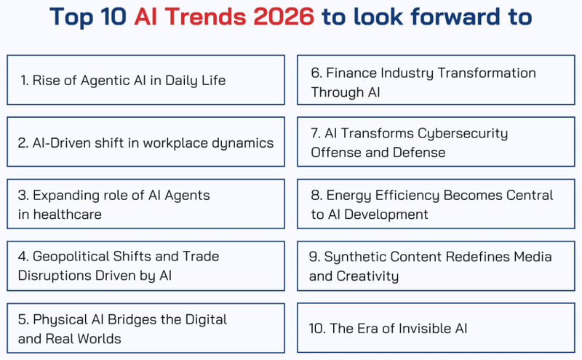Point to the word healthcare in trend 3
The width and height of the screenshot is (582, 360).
(x=60, y=214)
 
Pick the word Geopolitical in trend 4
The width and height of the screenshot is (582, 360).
(x=78, y=257)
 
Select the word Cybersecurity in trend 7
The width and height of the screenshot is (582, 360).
(x=463, y=134)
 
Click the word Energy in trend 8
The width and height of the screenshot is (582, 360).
(x=347, y=196)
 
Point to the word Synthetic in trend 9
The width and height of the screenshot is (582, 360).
(x=356, y=257)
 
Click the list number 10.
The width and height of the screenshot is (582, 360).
(x=316, y=329)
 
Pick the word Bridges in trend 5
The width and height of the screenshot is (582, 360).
(x=139, y=320)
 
